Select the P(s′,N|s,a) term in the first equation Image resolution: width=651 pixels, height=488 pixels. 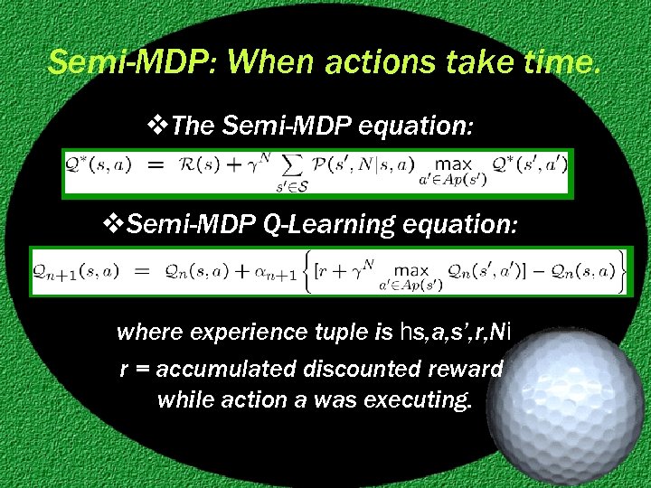[x=354, y=166]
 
